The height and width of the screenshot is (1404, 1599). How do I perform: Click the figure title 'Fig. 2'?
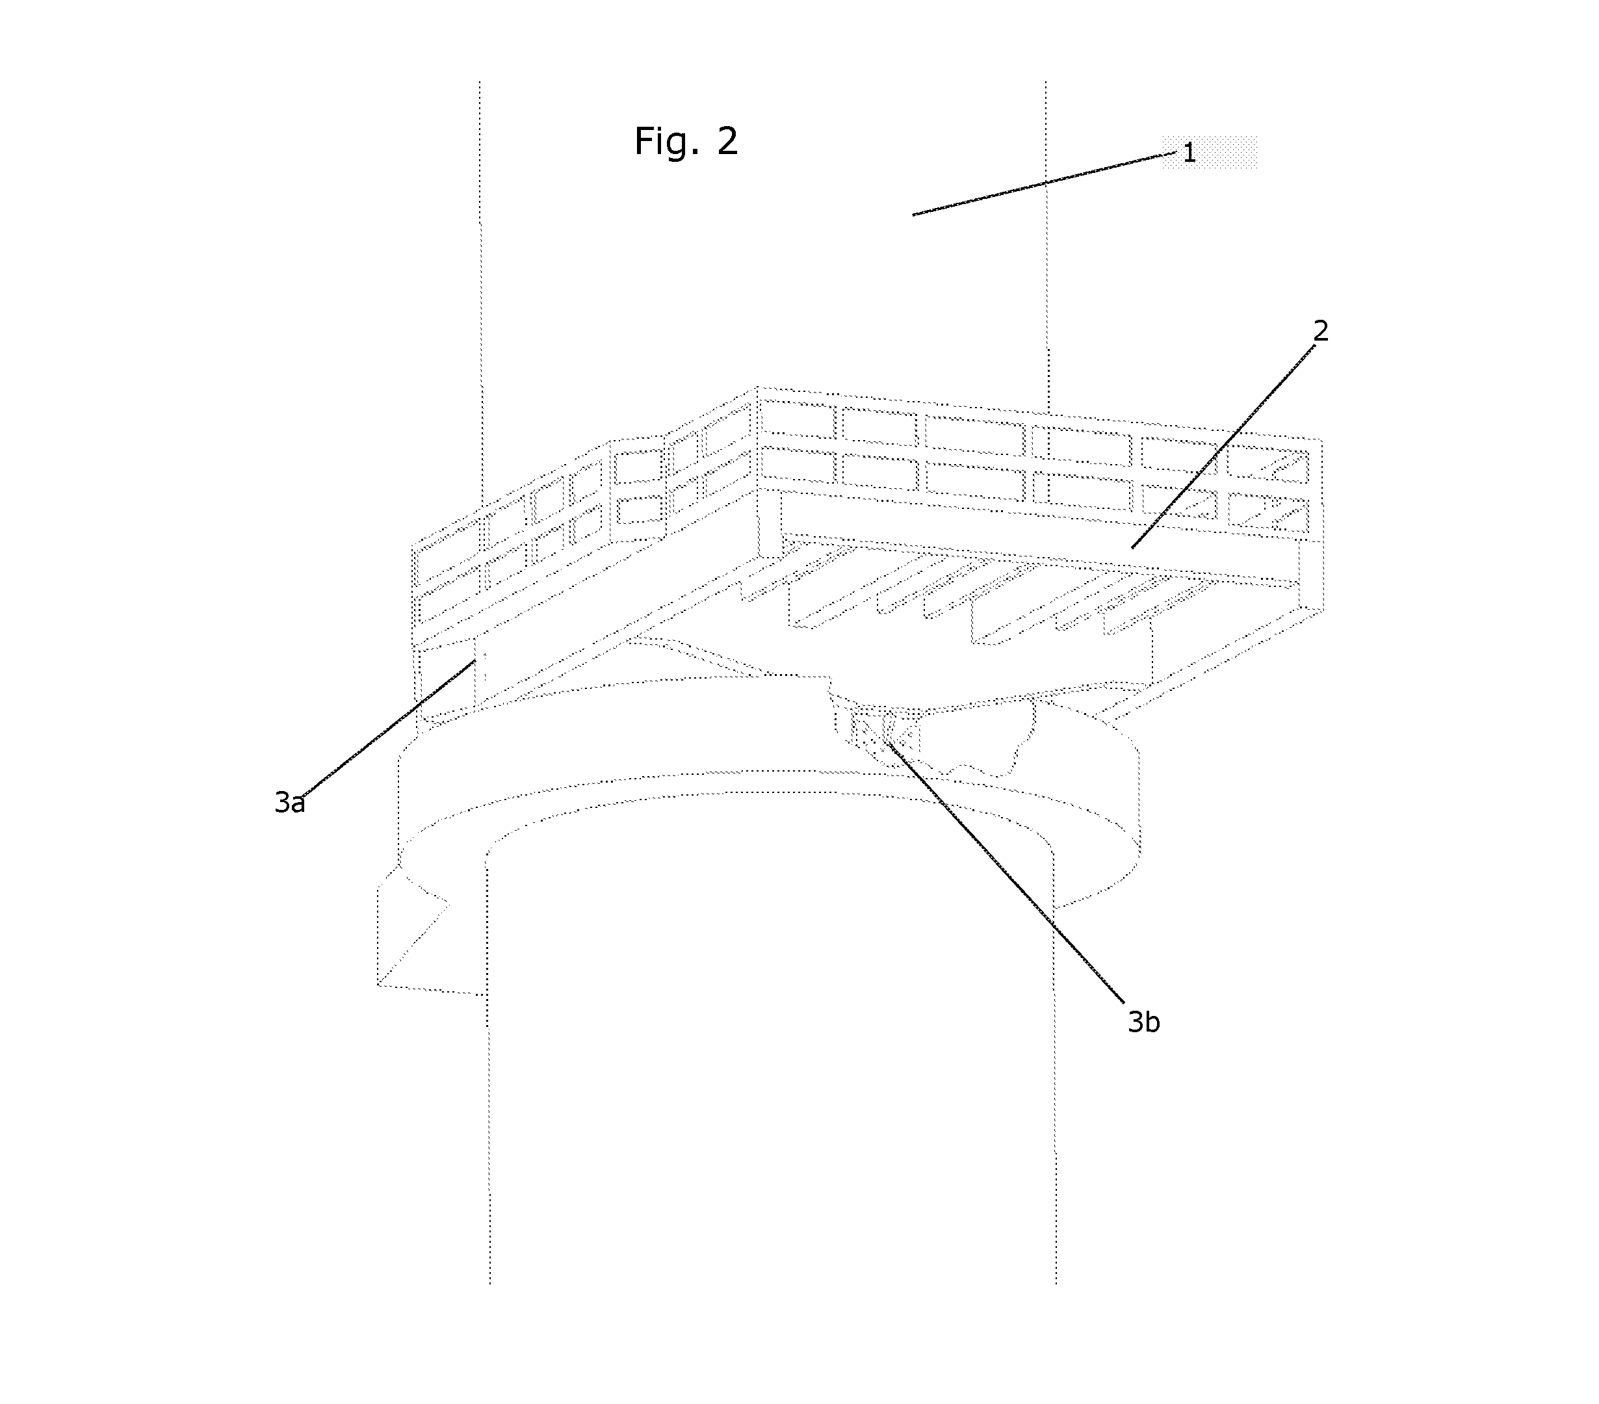tap(686, 142)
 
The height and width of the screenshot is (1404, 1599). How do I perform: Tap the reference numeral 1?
tap(1189, 153)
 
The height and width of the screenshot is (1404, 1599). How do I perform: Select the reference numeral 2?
tap(1321, 331)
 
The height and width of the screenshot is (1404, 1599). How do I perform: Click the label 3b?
tap(1144, 1022)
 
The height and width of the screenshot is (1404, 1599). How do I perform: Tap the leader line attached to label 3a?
tap(388, 728)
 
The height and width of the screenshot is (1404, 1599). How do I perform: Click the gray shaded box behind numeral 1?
tap(1210, 151)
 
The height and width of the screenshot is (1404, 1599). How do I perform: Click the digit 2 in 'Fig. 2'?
tap(727, 142)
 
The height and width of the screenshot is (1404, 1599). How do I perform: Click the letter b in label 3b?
tap(1152, 1022)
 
